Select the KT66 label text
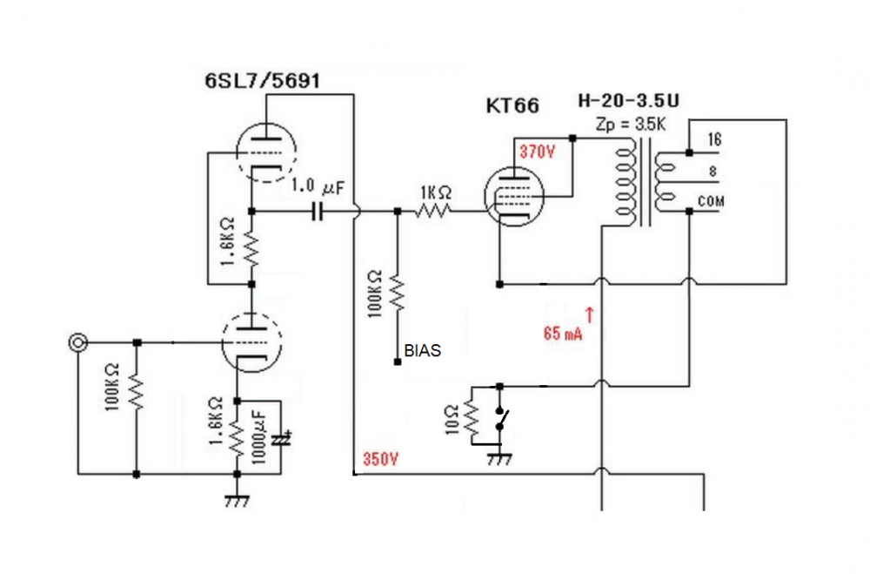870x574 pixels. [x=512, y=106]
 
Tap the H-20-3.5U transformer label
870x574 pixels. [x=629, y=101]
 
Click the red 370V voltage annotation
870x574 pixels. [x=537, y=151]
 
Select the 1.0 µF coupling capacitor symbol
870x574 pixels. [x=318, y=211]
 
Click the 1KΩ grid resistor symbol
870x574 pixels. [x=433, y=211]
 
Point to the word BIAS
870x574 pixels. [x=422, y=351]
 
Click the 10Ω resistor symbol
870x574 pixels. [x=471, y=421]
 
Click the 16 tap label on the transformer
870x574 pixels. [x=714, y=139]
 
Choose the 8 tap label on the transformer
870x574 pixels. [x=713, y=172]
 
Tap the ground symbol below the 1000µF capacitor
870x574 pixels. [x=237, y=501]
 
